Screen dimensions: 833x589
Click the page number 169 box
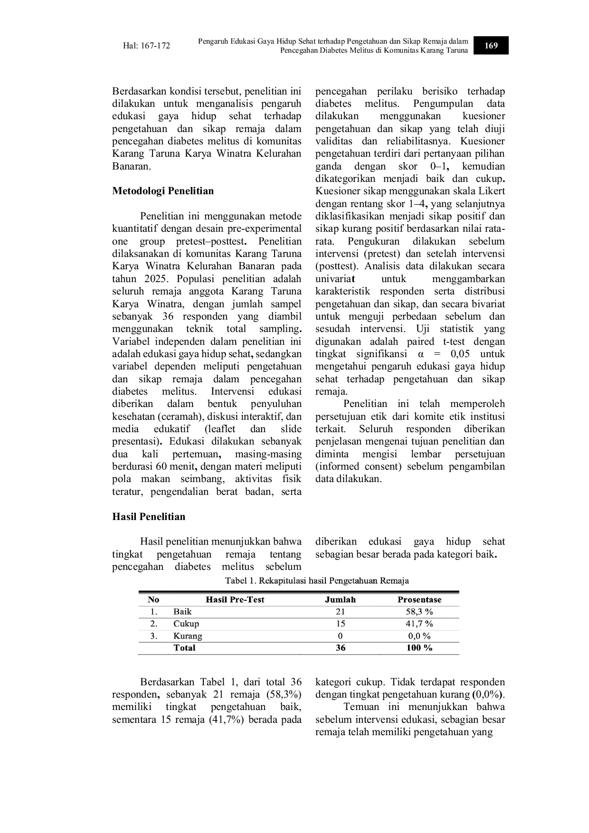click(491, 46)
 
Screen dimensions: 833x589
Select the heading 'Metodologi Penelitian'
click(163, 191)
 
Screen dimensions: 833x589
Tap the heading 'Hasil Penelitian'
click(149, 516)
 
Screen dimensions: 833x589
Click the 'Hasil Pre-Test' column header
click(235, 599)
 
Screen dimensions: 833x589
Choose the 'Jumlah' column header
click(340, 599)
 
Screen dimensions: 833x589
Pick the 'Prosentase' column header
click(419, 599)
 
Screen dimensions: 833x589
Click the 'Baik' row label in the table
click(182, 612)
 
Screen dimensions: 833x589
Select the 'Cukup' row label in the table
click(186, 624)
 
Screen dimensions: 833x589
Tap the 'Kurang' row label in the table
click(188, 636)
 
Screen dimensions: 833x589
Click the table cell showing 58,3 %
click(419, 612)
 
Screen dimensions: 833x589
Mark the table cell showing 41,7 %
click(419, 624)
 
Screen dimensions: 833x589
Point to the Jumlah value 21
click(340, 612)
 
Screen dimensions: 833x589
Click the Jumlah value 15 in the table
click(340, 624)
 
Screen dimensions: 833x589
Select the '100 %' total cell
click(419, 648)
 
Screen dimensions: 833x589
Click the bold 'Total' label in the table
click(184, 648)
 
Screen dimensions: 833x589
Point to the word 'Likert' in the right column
click(491, 191)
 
